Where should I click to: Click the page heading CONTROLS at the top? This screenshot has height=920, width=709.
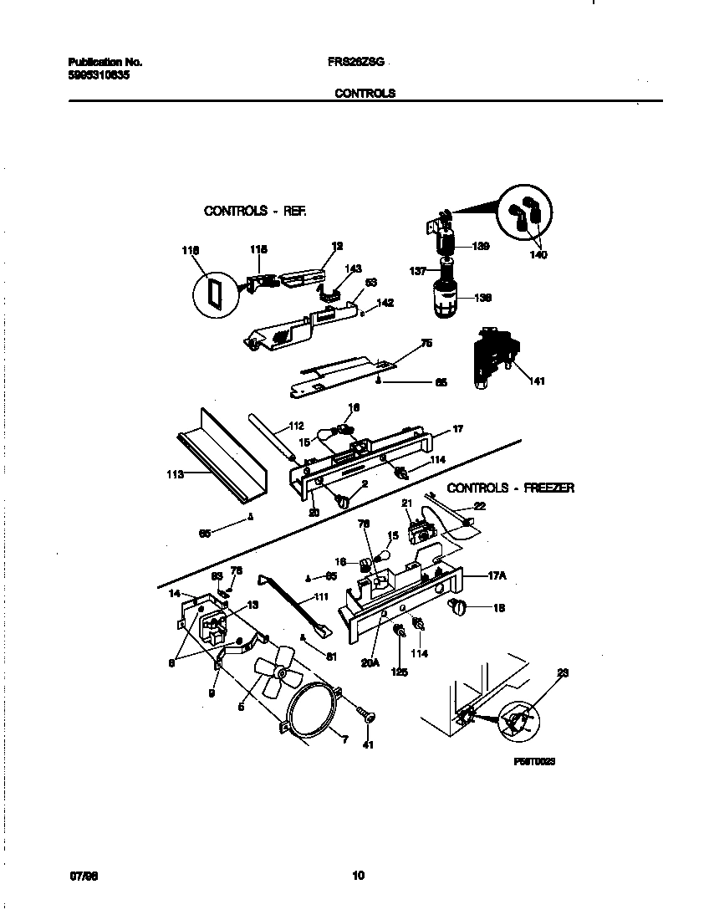(365, 94)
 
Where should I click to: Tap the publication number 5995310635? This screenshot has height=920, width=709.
(98, 74)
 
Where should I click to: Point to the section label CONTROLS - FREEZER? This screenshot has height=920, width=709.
(510, 488)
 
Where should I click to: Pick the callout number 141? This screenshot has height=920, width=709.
(536, 381)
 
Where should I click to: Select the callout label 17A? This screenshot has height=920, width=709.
(498, 576)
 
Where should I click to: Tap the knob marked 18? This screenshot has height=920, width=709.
(457, 608)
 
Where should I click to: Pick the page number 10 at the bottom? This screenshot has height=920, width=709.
(358, 876)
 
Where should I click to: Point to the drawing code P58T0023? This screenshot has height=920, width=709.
(534, 763)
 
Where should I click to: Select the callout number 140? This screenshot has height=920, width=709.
(538, 255)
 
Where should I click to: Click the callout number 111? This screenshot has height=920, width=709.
(320, 597)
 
